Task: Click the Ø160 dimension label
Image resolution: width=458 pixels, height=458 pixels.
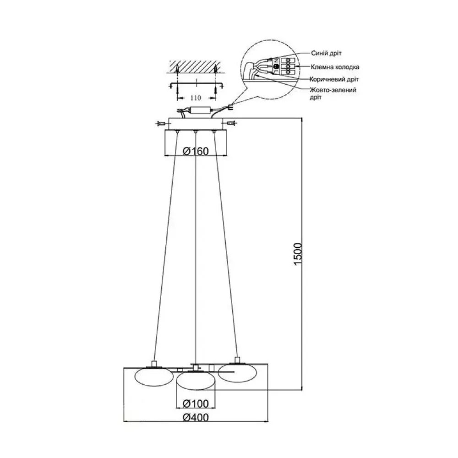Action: pyautogui.click(x=196, y=151)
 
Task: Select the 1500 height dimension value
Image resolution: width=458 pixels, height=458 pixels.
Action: pyautogui.click(x=297, y=254)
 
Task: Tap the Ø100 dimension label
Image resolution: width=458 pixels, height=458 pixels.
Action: pyautogui.click(x=196, y=403)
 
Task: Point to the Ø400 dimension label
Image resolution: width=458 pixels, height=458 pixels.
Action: pyautogui.click(x=196, y=417)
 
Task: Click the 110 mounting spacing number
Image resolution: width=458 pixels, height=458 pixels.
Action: pyautogui.click(x=196, y=98)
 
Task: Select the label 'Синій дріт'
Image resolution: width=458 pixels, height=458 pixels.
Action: pyautogui.click(x=326, y=54)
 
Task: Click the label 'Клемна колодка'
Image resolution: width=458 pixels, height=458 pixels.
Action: pyautogui.click(x=335, y=67)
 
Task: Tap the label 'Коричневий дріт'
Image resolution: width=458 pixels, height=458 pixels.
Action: pyautogui.click(x=334, y=79)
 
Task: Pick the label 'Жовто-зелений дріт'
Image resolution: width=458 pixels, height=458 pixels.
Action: pyautogui.click(x=333, y=93)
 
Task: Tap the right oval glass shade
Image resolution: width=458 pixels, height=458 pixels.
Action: pyautogui.click(x=237, y=373)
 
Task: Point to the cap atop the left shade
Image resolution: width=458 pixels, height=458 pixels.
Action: pyautogui.click(x=154, y=364)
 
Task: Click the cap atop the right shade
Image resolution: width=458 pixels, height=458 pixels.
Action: pyautogui.click(x=237, y=360)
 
